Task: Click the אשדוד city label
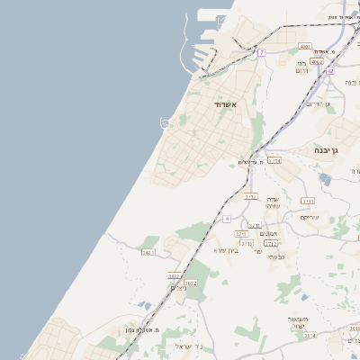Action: pyautogui.click(x=225, y=105)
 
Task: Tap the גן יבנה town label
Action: pyautogui.click(x=325, y=150)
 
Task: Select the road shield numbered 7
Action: pyautogui.click(x=261, y=53)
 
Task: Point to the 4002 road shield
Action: pyautogui.click(x=316, y=62)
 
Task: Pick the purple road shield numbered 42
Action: pyautogui.click(x=330, y=70)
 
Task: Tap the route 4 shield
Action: pyautogui.click(x=227, y=219)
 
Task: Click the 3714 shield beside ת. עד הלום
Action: pyautogui.click(x=274, y=160)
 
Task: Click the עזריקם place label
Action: pyautogui.click(x=310, y=217)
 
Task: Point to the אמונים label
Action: pyautogui.click(x=268, y=234)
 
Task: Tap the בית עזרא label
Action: pyautogui.click(x=226, y=250)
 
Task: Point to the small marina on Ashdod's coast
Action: pyautogui.click(x=166, y=121)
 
